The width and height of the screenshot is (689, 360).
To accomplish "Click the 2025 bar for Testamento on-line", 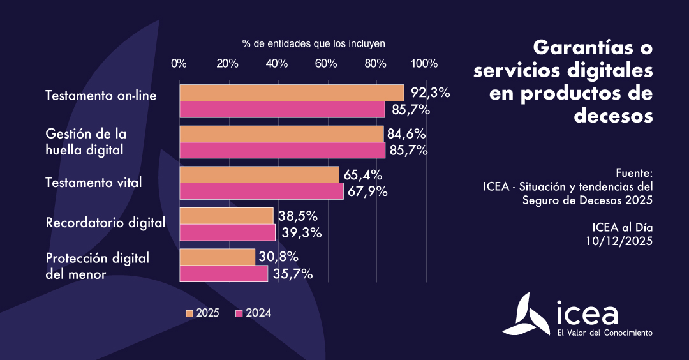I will [292, 93].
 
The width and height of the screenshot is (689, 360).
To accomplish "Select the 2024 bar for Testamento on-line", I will [282, 110].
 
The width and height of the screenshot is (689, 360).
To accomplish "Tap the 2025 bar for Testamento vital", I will [259, 175].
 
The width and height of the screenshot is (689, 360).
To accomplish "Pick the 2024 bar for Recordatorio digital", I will [227, 232].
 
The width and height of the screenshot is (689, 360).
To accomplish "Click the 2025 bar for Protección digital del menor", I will [217, 257].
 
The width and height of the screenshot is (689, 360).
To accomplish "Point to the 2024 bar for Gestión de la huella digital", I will [282, 151].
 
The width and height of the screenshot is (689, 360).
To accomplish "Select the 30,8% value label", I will [278, 257].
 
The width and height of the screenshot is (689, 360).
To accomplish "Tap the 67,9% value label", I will [367, 191].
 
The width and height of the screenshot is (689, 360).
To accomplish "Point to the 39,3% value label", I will [299, 232].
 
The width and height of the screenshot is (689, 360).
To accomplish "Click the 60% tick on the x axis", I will [326, 63].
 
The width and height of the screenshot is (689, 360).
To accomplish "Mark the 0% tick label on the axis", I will [179, 63].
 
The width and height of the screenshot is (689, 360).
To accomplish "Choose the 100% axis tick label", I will [424, 63].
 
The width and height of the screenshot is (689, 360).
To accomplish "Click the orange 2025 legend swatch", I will [189, 313].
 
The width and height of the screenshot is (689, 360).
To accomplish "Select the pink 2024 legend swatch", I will [240, 313].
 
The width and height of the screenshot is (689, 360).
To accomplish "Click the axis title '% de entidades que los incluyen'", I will [314, 44].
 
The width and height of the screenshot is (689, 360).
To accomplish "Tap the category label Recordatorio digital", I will [105, 223].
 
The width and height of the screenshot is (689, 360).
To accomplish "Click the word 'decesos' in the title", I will [613, 116].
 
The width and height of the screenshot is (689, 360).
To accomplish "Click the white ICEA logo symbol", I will [527, 315].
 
